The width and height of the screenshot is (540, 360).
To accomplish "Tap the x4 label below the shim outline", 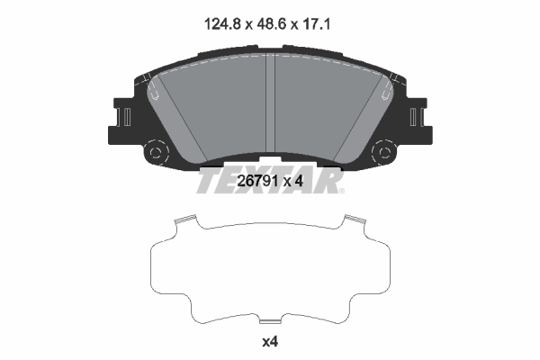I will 269,342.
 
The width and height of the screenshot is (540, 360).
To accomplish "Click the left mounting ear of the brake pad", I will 124,119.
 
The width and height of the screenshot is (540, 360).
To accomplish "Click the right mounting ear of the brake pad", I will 416,119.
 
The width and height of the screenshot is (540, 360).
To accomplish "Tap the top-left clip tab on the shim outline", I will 185,219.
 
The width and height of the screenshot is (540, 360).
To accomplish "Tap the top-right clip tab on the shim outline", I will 353,219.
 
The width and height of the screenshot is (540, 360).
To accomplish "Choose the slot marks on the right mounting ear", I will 415,117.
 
